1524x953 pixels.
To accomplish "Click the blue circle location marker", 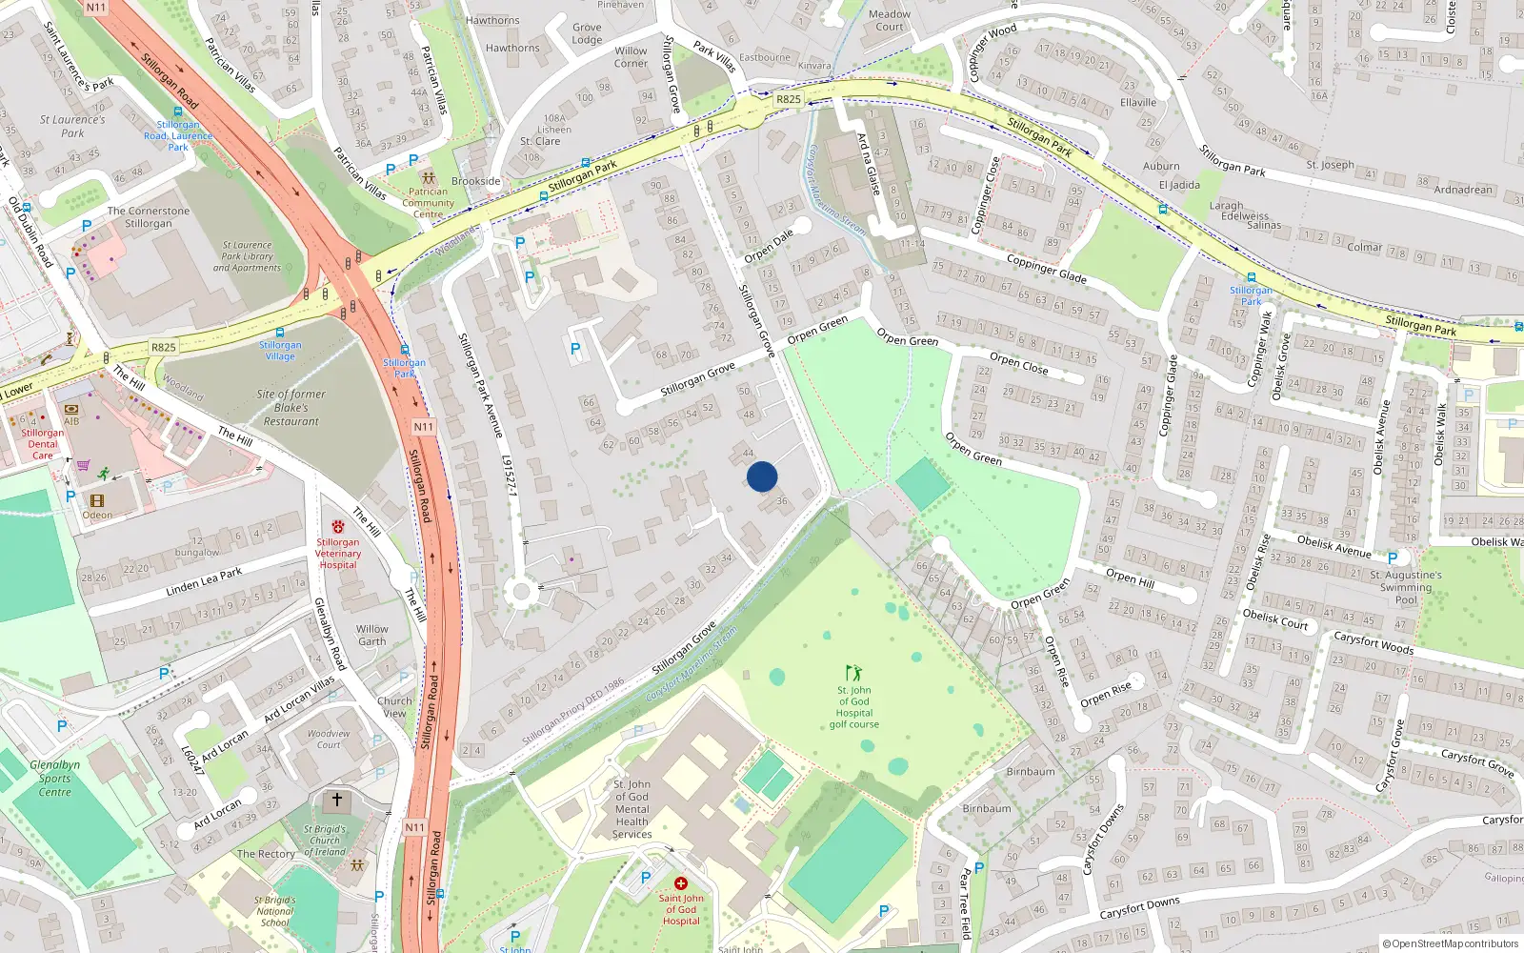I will click(x=762, y=476).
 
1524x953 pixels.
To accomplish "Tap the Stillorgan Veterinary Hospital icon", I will click(x=338, y=526).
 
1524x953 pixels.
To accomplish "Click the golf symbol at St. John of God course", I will click(x=853, y=673).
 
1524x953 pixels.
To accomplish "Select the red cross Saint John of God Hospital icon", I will click(x=680, y=883).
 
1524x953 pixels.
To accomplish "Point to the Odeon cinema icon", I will click(x=97, y=500).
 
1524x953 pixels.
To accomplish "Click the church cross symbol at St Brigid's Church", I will click(x=336, y=800).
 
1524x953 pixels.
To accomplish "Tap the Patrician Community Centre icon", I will click(x=429, y=177).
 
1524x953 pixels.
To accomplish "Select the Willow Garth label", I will click(x=372, y=635).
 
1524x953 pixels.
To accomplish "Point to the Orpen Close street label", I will click(x=1018, y=363).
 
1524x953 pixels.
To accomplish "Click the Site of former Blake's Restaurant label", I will click(x=291, y=407).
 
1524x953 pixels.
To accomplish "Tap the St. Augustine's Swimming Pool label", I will click(x=1406, y=587).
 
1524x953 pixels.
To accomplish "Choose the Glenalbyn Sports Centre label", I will click(x=54, y=778).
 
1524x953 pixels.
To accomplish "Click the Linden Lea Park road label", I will click(x=204, y=580).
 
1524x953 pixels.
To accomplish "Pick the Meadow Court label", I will click(x=890, y=20).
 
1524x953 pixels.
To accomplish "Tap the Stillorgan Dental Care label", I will click(x=43, y=444).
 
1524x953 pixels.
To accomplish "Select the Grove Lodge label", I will click(x=587, y=33).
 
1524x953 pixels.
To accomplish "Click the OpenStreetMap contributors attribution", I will click(x=1451, y=943).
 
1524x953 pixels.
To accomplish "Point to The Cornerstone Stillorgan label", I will click(x=149, y=217).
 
